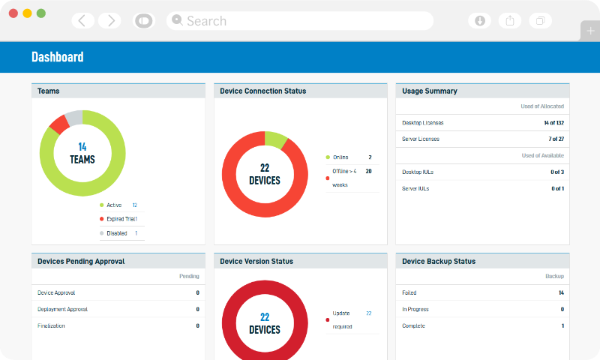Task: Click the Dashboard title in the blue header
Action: [x=58, y=57]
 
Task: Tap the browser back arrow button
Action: [x=82, y=21]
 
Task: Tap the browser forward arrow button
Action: [x=109, y=21]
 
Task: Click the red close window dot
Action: [x=13, y=13]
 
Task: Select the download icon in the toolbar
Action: [x=480, y=21]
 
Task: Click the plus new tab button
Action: [x=590, y=31]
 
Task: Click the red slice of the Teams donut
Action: [x=58, y=124]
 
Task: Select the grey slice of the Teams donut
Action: [x=73, y=116]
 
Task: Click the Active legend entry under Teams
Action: [x=113, y=205]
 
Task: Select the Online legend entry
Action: [x=341, y=157]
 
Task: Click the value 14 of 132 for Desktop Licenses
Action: [x=553, y=122]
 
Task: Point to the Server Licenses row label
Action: [x=421, y=139]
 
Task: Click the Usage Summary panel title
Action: [x=430, y=91]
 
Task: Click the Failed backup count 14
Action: [x=560, y=292]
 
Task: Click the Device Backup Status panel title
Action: [x=439, y=261]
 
